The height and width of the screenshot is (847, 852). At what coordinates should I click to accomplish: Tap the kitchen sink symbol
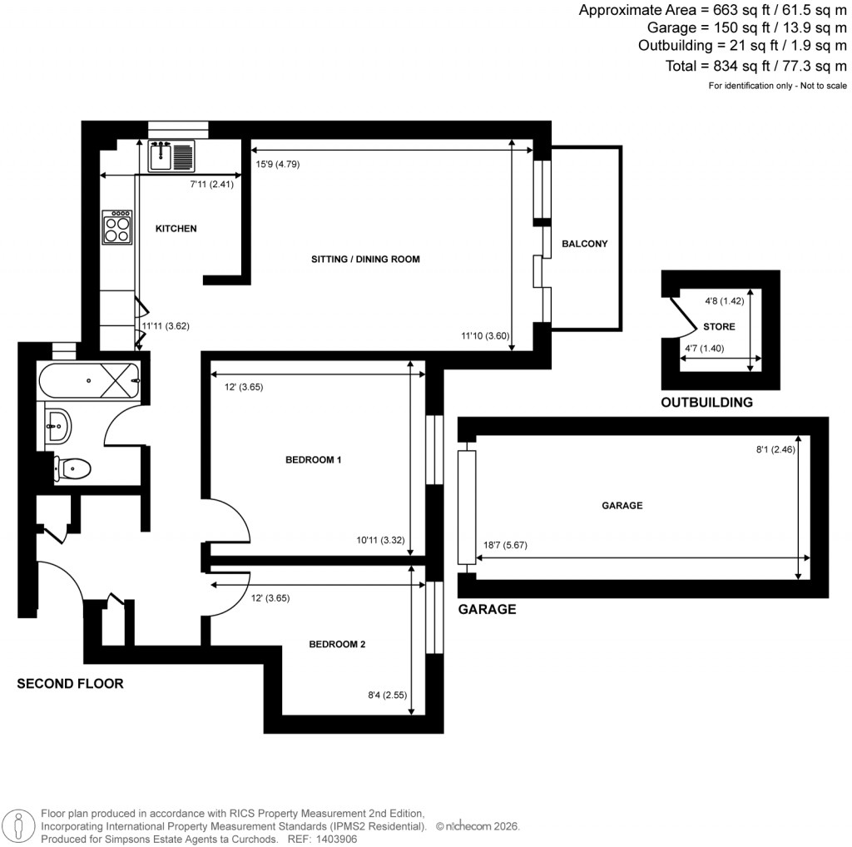171,156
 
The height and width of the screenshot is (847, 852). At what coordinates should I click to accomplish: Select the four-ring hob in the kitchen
117,226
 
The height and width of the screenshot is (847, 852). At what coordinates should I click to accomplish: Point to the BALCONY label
585,244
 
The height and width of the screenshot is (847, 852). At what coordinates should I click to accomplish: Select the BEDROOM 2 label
337,644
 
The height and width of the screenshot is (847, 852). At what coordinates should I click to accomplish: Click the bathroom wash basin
58,426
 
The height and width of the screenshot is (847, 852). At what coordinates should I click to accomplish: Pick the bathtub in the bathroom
88,380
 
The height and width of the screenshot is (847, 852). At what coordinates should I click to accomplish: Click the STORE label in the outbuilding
719,327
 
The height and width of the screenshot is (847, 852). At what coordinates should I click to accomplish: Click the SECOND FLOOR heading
71,684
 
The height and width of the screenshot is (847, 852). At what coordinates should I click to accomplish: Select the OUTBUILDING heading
706,403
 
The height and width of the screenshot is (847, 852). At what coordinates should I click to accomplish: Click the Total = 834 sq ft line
755,67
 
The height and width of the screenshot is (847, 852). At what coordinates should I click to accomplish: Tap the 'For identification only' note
777,86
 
